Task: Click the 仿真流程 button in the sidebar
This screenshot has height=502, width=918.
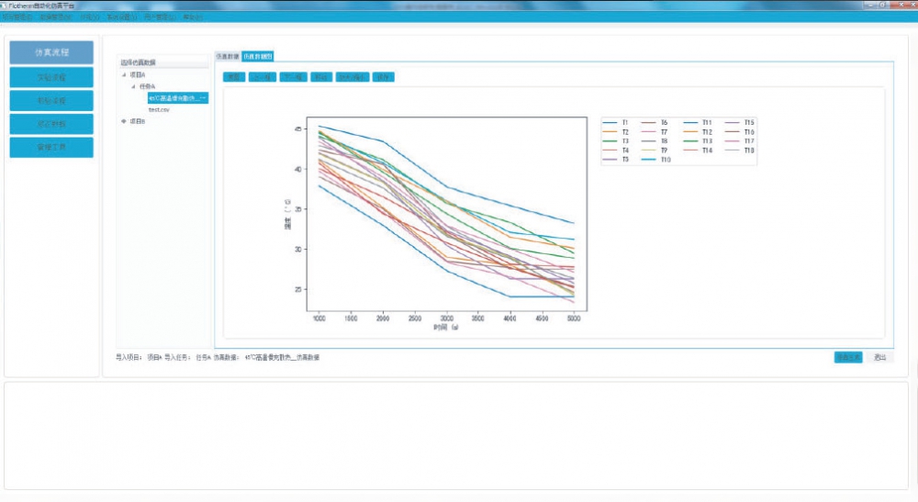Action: point(51,52)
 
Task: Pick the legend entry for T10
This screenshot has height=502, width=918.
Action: point(666,160)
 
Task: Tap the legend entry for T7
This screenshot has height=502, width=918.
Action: point(664,132)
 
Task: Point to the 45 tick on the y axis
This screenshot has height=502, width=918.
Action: point(297,129)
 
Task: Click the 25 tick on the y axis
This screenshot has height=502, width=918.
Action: point(297,290)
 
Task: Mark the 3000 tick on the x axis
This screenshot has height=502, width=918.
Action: point(446,318)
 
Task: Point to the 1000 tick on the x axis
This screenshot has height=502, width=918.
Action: point(318,318)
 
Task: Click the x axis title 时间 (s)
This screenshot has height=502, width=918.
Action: point(446,327)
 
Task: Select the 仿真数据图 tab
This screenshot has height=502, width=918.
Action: point(258,56)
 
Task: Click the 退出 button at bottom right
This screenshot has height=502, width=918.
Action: point(879,357)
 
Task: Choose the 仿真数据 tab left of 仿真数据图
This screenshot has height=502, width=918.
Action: point(227,56)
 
